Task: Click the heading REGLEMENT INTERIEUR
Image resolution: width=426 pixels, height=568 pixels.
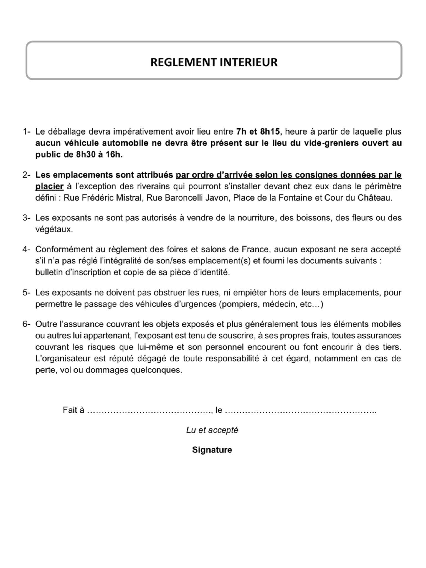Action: [214, 62]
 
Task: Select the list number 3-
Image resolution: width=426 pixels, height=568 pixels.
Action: [26, 218]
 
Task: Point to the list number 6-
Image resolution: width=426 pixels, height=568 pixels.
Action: [26, 324]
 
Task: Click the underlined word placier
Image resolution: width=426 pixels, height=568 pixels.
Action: [49, 186]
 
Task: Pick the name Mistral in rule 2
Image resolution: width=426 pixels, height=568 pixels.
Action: [128, 198]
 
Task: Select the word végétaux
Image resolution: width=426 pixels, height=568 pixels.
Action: [54, 230]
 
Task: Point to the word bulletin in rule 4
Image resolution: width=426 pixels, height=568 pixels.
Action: [49, 272]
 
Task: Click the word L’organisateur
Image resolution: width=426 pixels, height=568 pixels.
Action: [63, 358]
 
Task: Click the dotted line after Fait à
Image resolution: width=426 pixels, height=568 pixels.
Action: [149, 410]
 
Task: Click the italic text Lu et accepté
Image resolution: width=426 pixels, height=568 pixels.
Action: [212, 430]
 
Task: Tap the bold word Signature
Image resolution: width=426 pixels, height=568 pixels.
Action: [212, 450]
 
